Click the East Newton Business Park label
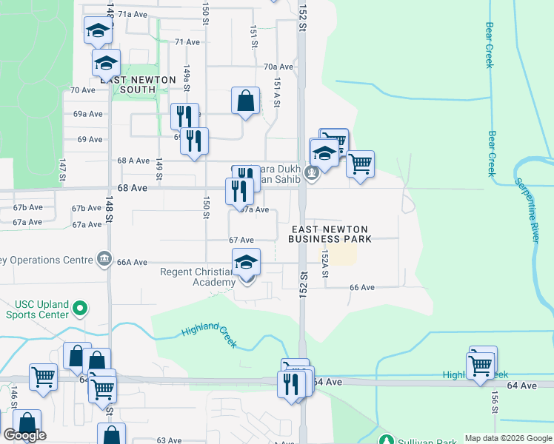coord(330,234)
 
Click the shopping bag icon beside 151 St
coord(245,101)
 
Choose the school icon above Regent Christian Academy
coord(247,262)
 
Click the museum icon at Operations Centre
coord(104,260)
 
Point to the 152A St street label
coord(324,263)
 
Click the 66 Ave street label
coord(362,287)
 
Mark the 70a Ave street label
coord(278,66)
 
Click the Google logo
coord(24,435)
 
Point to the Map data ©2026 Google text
coord(507,438)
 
